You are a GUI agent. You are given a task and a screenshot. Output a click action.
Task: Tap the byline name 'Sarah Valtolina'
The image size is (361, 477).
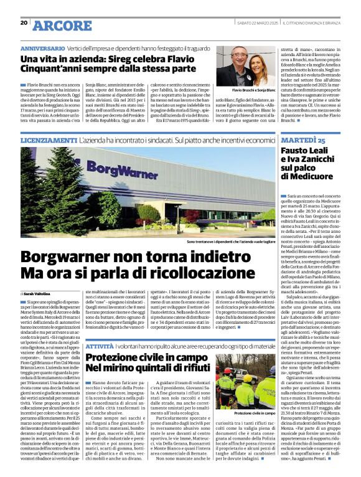pos(36,292)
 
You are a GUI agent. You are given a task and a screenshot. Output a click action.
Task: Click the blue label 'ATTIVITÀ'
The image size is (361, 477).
pos(100,344)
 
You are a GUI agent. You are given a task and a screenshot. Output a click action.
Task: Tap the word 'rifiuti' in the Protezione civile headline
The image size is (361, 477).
pos(189,369)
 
